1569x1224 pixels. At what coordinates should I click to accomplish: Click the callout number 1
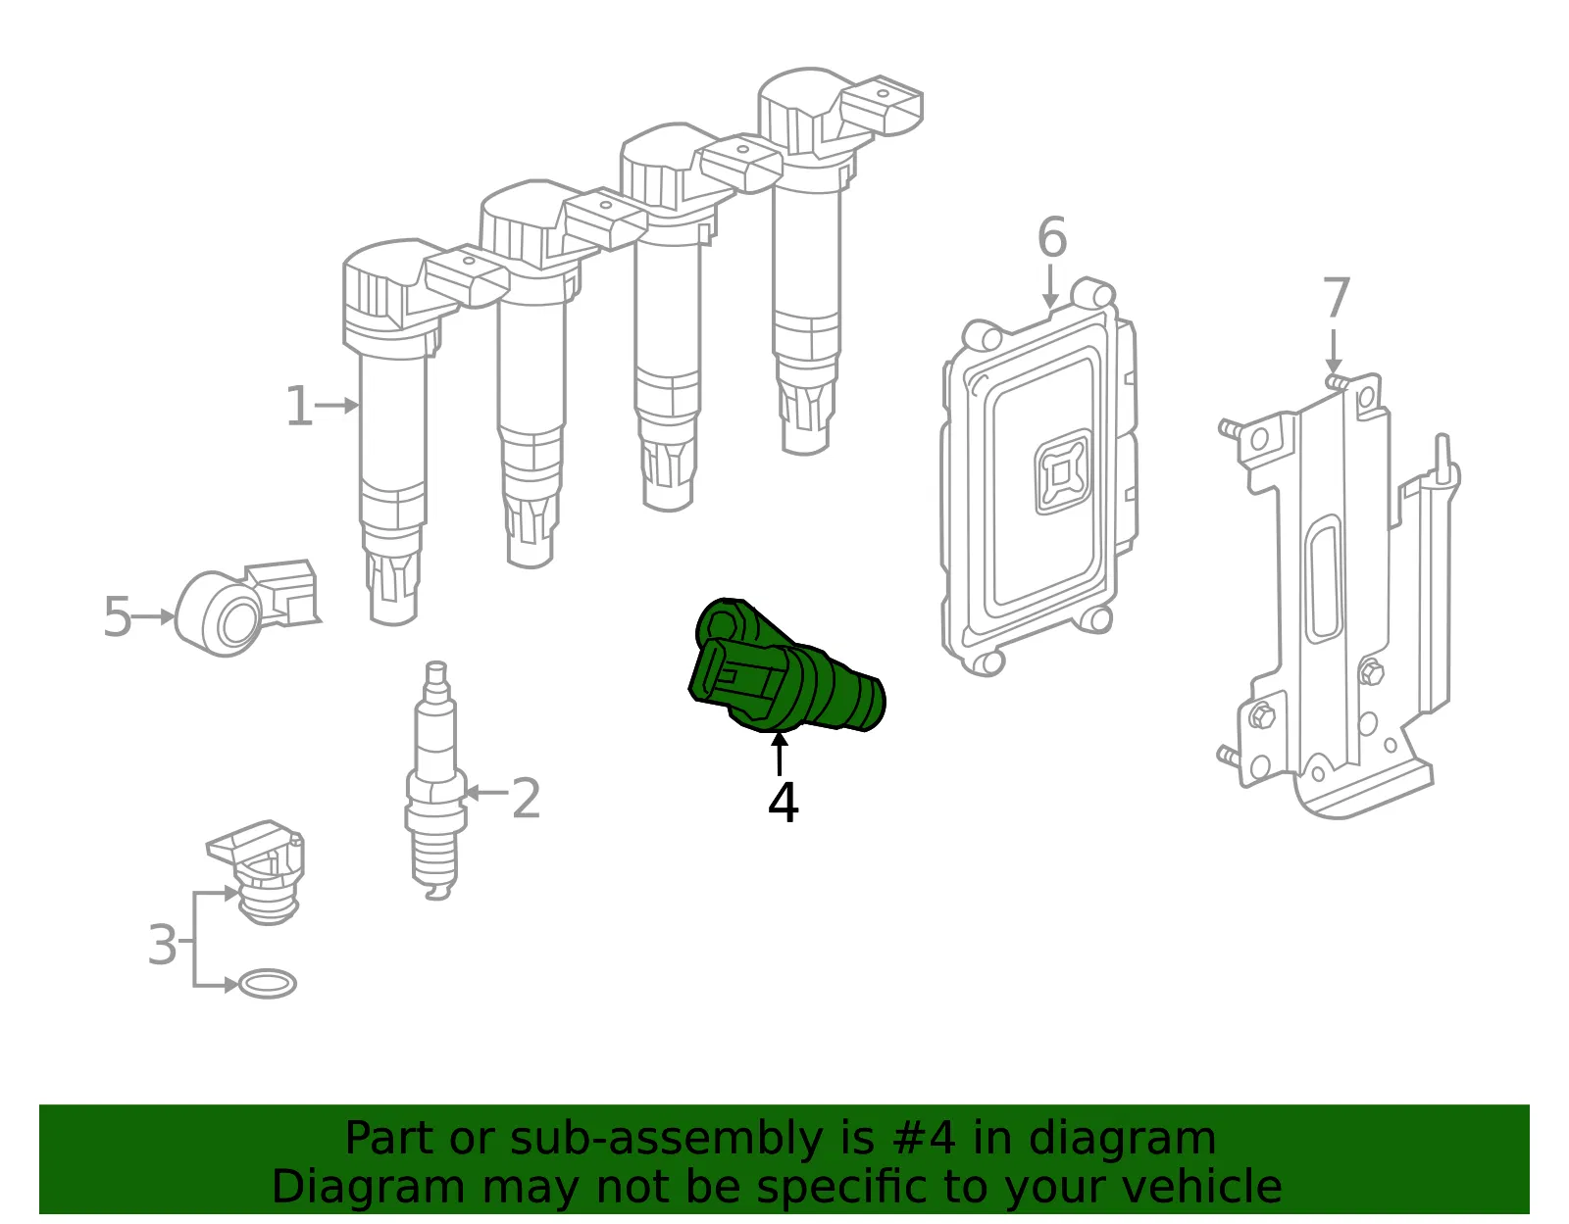point(299,406)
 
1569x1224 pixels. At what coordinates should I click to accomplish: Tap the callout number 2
point(526,798)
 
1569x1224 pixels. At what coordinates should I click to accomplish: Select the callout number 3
point(162,944)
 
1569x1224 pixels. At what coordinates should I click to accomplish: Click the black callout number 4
point(783,802)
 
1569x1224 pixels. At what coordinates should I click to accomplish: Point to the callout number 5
point(118,616)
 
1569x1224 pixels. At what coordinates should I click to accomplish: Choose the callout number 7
point(1336,297)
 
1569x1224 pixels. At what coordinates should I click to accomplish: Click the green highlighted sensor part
point(785,666)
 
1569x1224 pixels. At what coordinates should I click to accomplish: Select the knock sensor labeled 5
point(245,608)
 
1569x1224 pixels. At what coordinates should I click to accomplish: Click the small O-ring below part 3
point(267,984)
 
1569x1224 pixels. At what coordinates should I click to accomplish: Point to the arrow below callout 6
point(1050,285)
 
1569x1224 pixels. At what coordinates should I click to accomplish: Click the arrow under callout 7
point(1334,351)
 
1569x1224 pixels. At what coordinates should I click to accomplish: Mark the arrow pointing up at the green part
point(779,753)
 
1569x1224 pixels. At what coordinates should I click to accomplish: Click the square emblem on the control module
point(1062,472)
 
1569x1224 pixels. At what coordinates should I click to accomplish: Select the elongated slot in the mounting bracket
point(1323,579)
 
